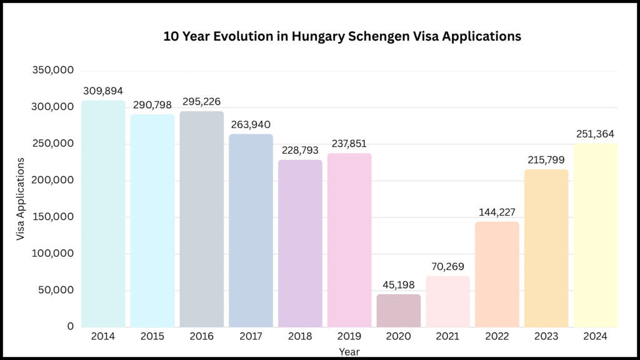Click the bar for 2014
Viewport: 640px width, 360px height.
103,213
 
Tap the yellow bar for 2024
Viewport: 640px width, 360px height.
596,235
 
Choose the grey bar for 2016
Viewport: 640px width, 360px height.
201,219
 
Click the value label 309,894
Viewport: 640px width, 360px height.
103,91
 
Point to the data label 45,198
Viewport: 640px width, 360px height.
399,286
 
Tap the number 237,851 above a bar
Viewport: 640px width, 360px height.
349,143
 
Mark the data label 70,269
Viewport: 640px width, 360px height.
448,267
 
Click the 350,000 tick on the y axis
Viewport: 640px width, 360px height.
53,70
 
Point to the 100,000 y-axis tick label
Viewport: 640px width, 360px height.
53,253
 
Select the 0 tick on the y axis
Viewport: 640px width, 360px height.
71,326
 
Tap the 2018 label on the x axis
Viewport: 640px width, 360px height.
300,336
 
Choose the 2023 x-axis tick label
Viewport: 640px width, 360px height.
546,336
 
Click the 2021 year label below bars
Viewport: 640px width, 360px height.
448,336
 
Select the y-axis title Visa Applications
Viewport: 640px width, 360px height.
21,199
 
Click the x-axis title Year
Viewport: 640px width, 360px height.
349,351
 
